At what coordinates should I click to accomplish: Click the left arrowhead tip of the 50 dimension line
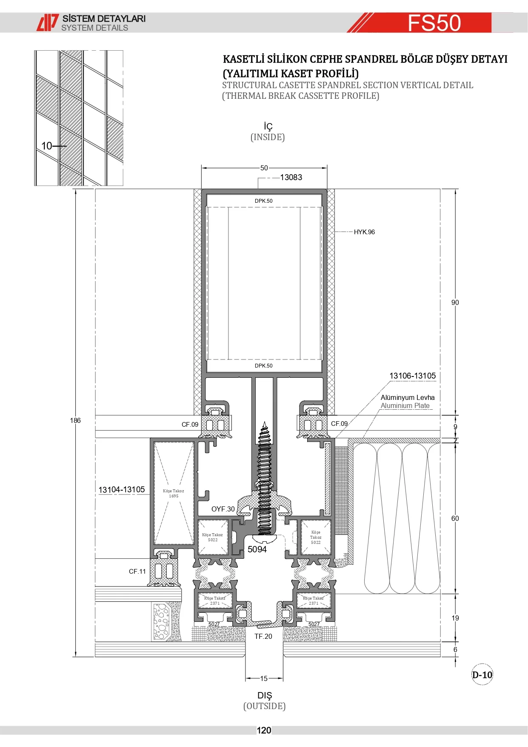coord(202,168)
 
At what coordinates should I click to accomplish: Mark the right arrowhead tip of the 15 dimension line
coord(283,678)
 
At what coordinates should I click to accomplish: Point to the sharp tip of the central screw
coord(265,422)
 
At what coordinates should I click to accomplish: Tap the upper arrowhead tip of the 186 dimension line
coord(76,189)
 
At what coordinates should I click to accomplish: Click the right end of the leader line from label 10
coord(67,146)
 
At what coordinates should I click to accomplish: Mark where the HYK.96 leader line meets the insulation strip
coord(335,232)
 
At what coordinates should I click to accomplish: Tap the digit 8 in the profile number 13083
coord(295,177)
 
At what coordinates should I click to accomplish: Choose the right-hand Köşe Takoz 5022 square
coord(316,537)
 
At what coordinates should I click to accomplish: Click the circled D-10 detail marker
coord(482,675)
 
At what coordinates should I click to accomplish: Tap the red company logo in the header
coord(47,23)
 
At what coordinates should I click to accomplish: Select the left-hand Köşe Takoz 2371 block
coord(215,600)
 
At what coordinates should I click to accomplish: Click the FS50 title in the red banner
coord(434,23)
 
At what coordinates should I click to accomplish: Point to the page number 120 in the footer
coord(264,730)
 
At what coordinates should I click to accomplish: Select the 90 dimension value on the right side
coord(455,302)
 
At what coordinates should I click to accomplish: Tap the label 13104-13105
coord(122,490)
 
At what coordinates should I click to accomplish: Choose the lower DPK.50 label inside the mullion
coord(264,366)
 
